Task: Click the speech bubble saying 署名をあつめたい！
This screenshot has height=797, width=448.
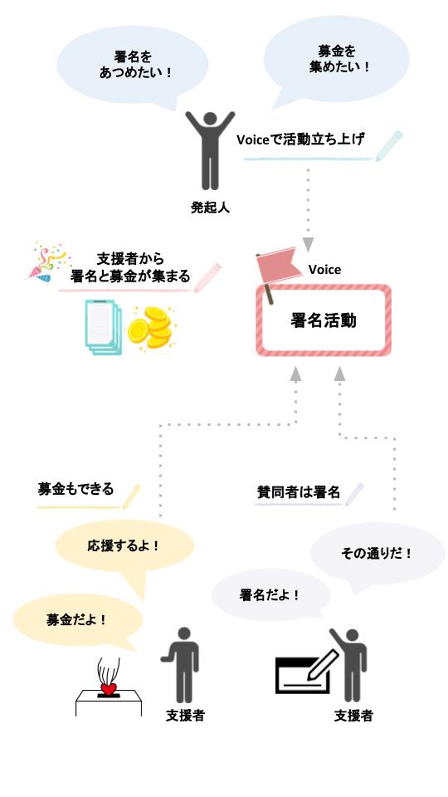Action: pyautogui.click(x=133, y=64)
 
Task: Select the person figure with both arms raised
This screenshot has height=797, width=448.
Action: pyautogui.click(x=210, y=149)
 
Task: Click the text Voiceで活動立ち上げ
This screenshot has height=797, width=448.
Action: pyautogui.click(x=300, y=139)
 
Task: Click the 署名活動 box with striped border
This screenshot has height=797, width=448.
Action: pyautogui.click(x=324, y=320)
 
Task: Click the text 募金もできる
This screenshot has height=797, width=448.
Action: pyautogui.click(x=75, y=489)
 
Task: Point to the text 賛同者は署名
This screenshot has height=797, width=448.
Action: pyautogui.click(x=299, y=492)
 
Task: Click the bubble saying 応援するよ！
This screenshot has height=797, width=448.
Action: pyautogui.click(x=124, y=547)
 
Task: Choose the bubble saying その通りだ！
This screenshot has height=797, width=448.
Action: pyautogui.click(x=377, y=552)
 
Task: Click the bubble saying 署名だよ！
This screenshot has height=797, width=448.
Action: pyautogui.click(x=270, y=594)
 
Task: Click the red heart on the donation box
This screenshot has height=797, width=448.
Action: pyautogui.click(x=108, y=688)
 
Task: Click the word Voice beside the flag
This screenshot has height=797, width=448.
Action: pyautogui.click(x=324, y=270)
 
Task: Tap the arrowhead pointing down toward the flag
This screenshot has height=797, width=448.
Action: pyautogui.click(x=308, y=245)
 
